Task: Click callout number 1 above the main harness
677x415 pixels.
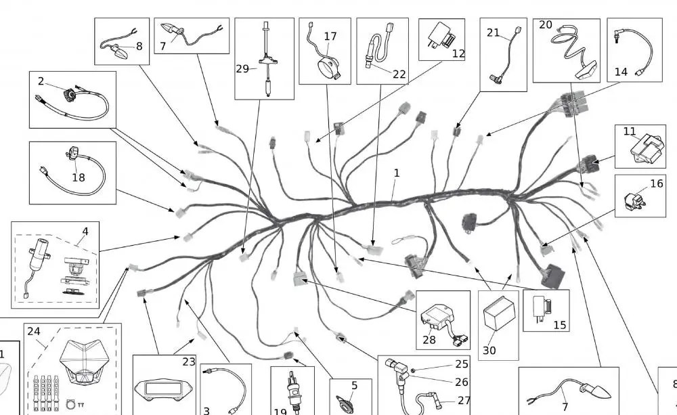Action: (397, 173)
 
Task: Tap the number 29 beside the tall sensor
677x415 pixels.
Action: (242, 68)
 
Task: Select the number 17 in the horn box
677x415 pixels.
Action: (330, 37)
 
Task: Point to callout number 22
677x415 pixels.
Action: (399, 74)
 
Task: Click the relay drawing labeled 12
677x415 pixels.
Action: (441, 36)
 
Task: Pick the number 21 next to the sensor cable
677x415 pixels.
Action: (493, 32)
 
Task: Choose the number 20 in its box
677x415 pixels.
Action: (545, 25)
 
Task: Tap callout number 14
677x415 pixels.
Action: (621, 72)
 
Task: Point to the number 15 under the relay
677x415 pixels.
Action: (560, 325)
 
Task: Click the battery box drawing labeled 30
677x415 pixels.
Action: (500, 318)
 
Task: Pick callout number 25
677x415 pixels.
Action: (462, 364)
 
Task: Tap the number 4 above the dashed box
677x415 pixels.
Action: (85, 232)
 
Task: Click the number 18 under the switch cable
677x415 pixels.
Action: (78, 177)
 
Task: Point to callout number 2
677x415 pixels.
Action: (41, 81)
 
